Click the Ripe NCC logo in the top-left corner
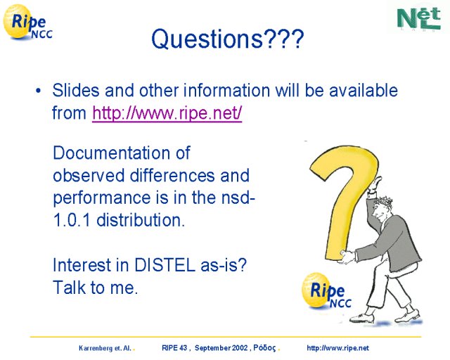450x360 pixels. [x=27, y=22]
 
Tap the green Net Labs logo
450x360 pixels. [x=419, y=18]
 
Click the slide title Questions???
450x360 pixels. [x=227, y=39]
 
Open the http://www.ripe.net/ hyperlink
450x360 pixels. [x=167, y=112]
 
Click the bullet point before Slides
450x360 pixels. [x=38, y=91]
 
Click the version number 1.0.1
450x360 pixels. [x=72, y=220]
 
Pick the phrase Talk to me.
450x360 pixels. [x=96, y=288]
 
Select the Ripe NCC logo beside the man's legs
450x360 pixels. [x=326, y=290]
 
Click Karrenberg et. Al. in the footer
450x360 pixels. [x=105, y=348]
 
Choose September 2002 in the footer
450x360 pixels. [x=221, y=348]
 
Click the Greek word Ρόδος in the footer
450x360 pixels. [x=264, y=348]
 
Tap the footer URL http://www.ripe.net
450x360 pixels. [x=337, y=348]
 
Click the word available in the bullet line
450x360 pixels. [x=364, y=91]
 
